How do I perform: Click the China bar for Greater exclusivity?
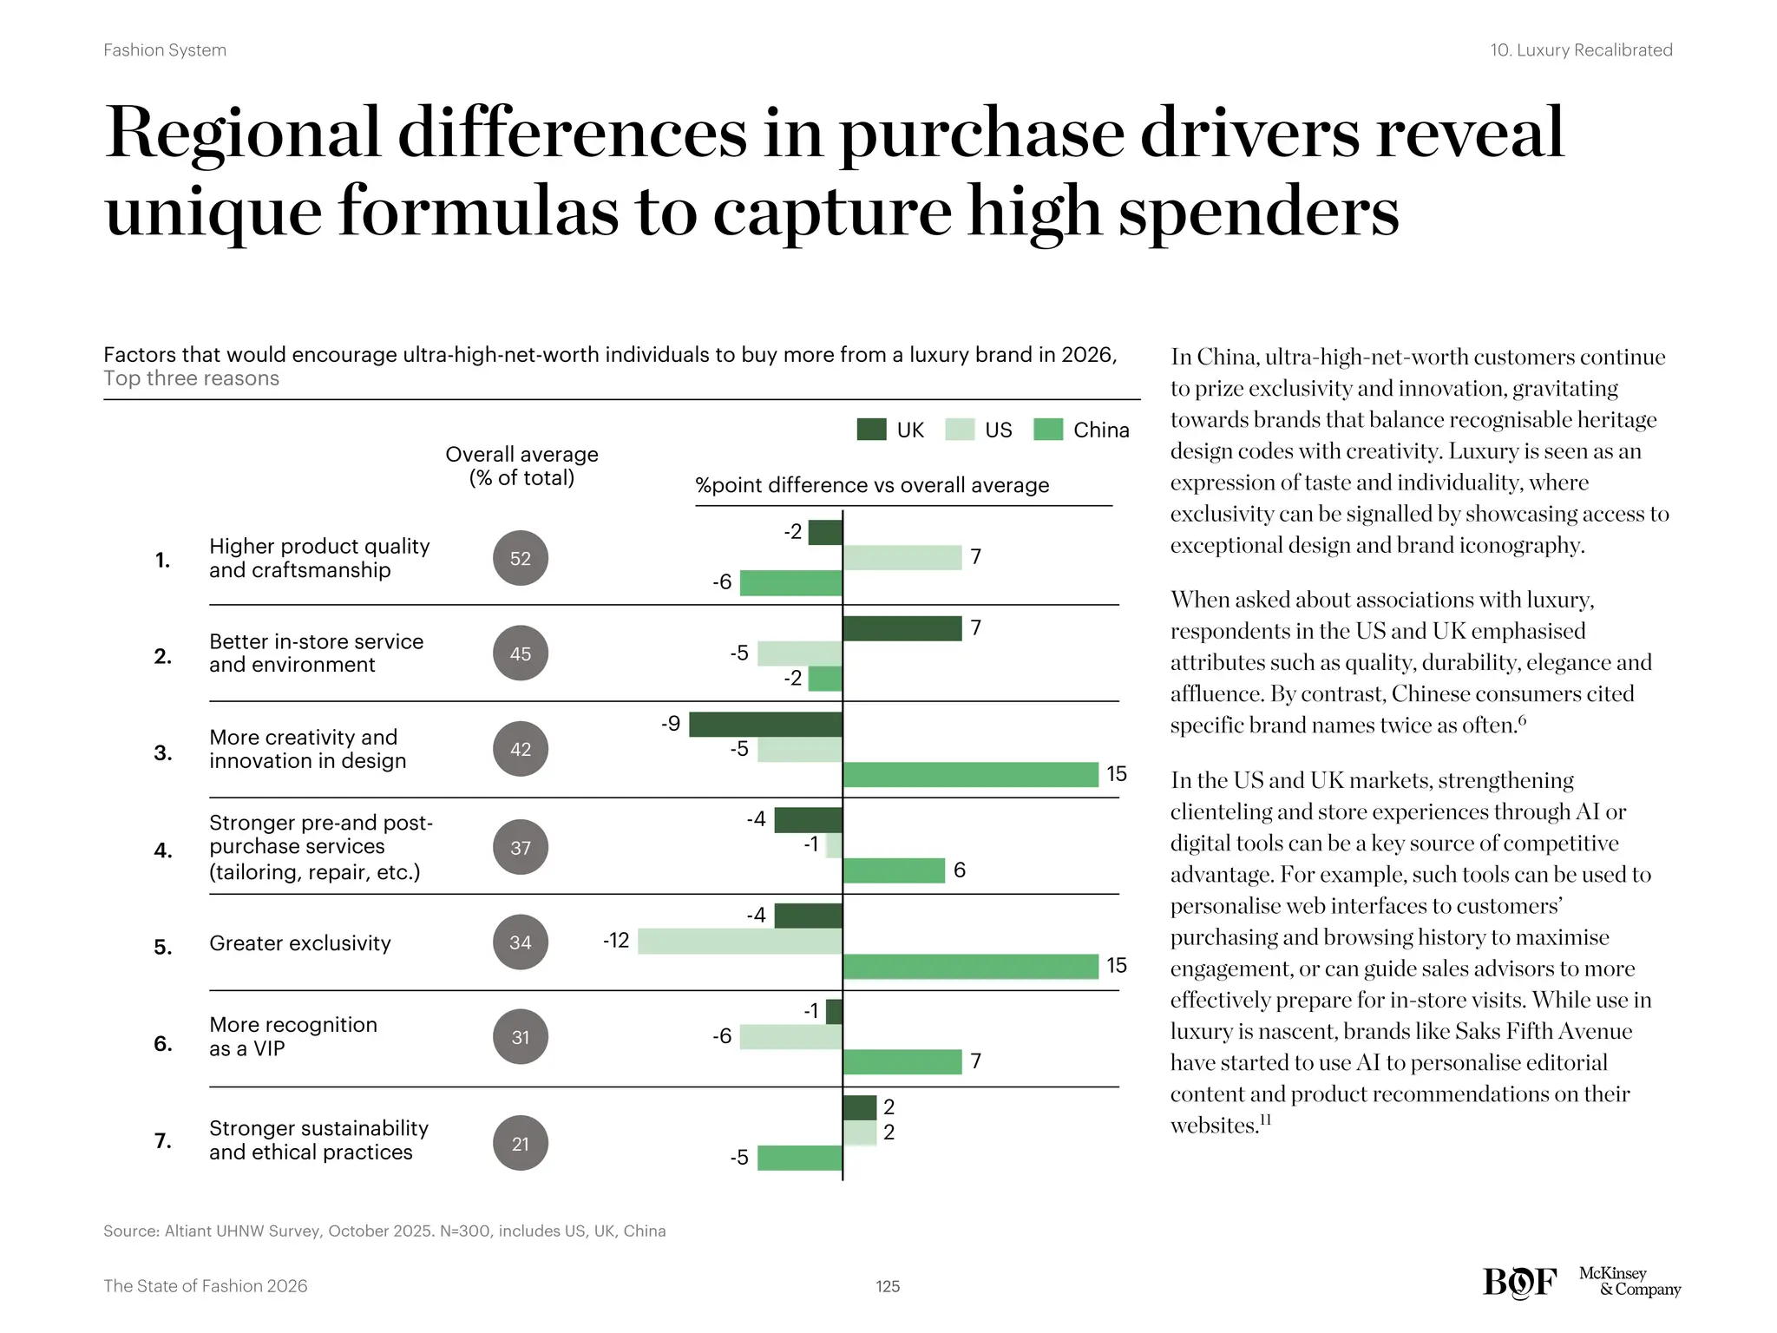pos(970,967)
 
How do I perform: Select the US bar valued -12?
pos(739,942)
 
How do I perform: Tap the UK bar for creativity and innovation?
pos(765,725)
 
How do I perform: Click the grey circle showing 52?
pos(521,558)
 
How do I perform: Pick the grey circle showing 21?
pos(521,1143)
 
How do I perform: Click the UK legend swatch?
pos(871,430)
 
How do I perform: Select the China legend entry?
pos(1082,430)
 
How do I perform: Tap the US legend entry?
pos(980,430)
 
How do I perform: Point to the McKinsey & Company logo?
pos(1629,1282)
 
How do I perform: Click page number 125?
pos(888,1286)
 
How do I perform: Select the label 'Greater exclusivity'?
pos(300,943)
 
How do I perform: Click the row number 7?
pos(163,1140)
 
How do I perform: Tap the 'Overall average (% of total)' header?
pos(521,466)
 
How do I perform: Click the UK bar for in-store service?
pos(902,628)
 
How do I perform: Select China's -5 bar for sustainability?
pos(799,1158)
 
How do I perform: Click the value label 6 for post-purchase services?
pos(959,870)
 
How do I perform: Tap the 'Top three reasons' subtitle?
pos(191,378)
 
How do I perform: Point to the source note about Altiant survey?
pos(384,1231)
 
